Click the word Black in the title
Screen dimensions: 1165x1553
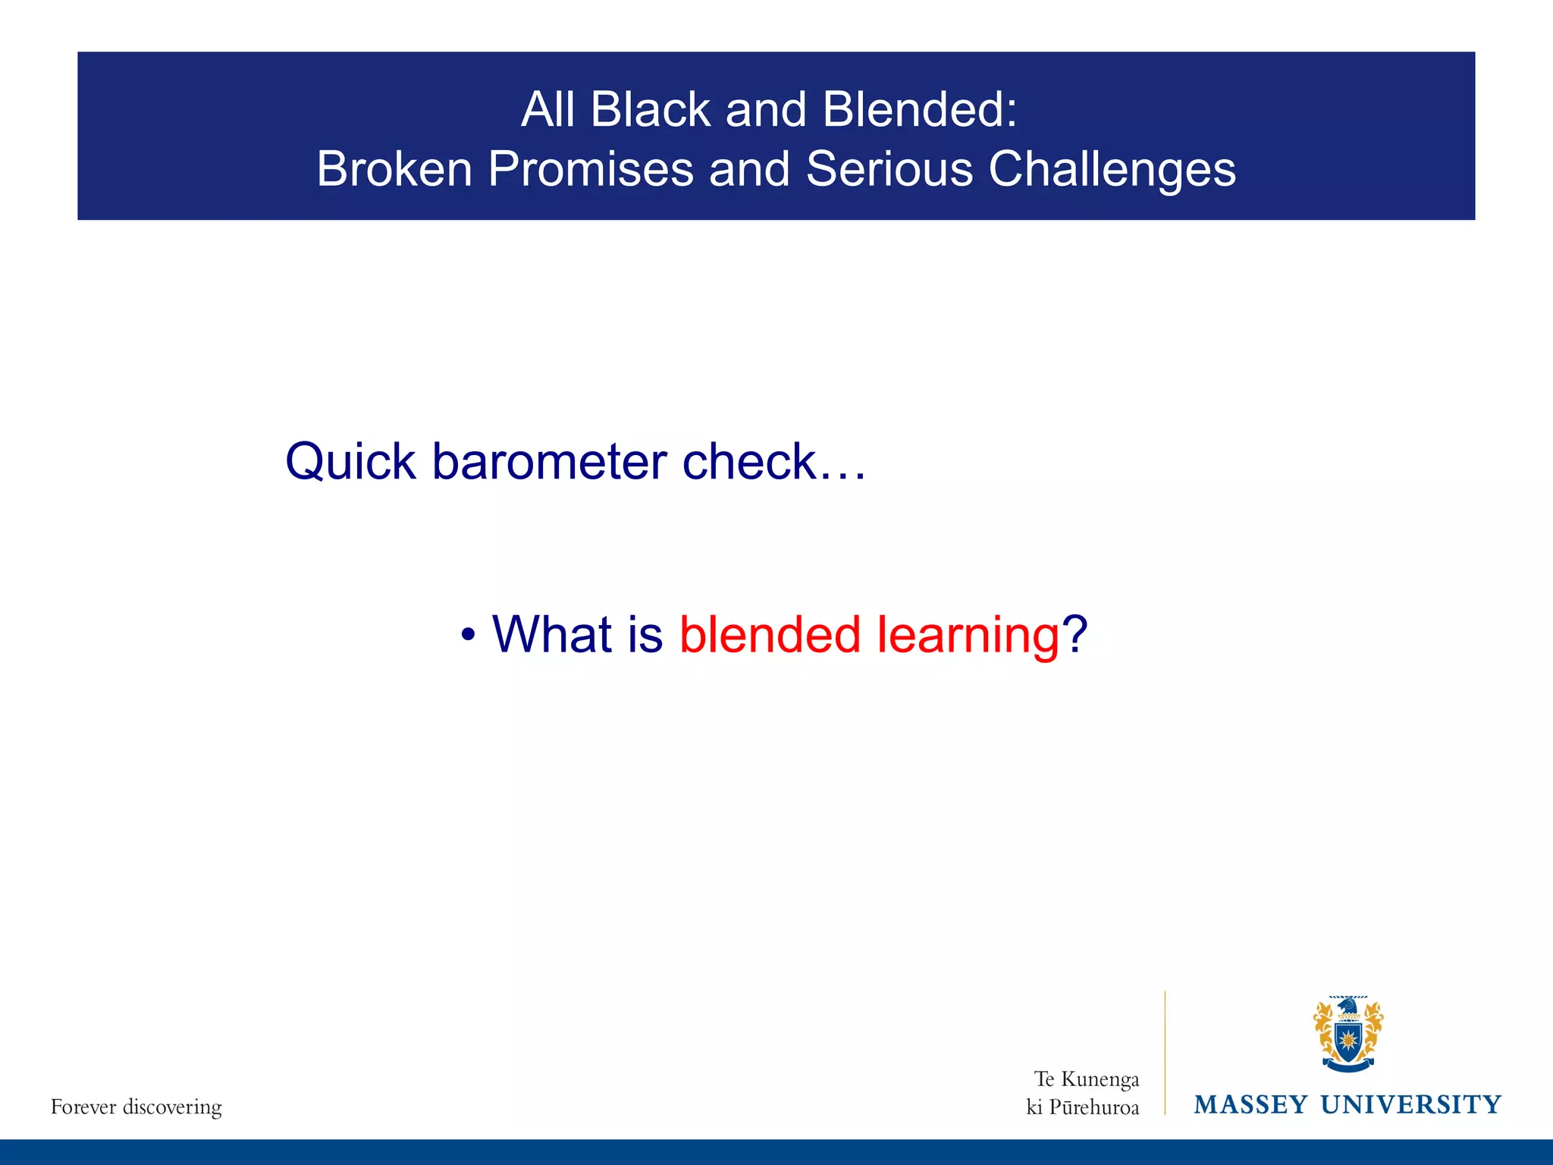pos(650,109)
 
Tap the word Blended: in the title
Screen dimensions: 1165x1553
pos(919,109)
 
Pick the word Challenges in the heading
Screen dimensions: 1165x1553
pos(1112,170)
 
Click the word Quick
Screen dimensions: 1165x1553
pos(350,461)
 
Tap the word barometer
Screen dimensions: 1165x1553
pos(550,461)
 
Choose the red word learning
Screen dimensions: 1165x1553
pos(968,636)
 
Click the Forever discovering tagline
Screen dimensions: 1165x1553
pos(136,1107)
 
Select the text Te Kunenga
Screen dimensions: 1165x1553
pos(1086,1079)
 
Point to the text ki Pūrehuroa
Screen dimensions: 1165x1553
pos(1082,1107)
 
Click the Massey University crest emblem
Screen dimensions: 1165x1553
pos(1348,1034)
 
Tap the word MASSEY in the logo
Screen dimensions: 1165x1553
pos(1250,1104)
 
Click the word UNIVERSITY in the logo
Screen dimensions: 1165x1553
pos(1410,1104)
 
